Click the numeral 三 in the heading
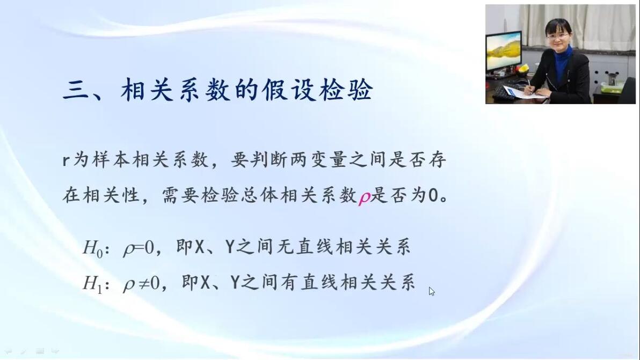[76, 90]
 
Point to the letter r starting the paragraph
[66, 160]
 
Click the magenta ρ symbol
[364, 197]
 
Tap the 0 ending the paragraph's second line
[433, 196]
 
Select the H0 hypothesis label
[93, 248]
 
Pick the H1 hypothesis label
[92, 283]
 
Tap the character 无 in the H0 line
[285, 247]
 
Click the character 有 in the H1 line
[290, 283]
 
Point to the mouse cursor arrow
[432, 291]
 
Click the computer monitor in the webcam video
[503, 52]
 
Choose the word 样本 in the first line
[112, 159]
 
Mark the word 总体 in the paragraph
[261, 196]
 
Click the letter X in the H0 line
[199, 247]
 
